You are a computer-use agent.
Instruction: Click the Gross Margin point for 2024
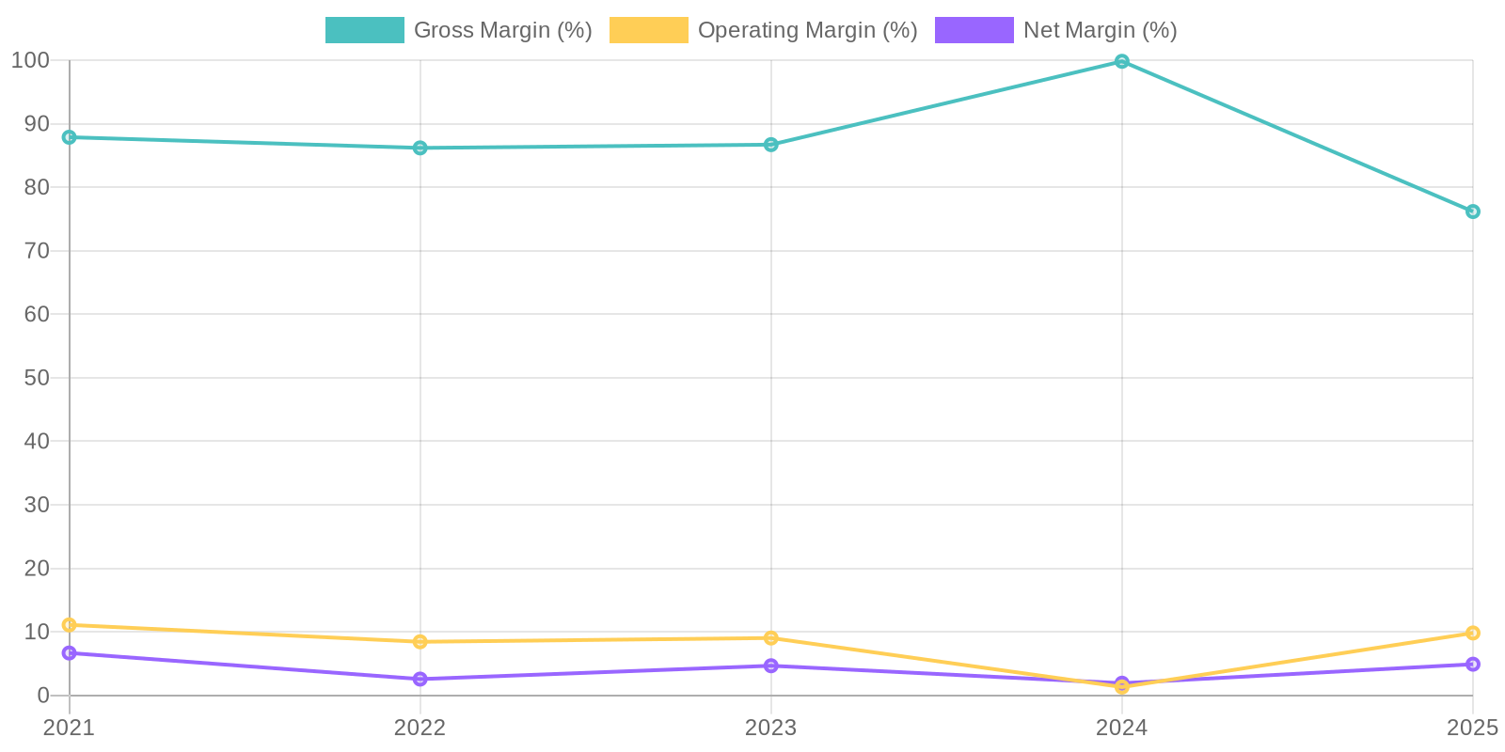(x=1122, y=62)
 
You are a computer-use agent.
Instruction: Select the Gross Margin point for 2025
(x=1472, y=211)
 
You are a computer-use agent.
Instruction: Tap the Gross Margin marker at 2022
(x=420, y=148)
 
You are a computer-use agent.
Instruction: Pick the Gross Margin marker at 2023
(x=771, y=145)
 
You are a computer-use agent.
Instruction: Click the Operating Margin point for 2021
(x=70, y=625)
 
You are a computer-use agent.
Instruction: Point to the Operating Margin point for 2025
(x=1472, y=634)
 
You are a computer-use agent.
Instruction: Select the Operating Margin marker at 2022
(x=420, y=642)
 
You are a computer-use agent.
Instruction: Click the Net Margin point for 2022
(x=420, y=679)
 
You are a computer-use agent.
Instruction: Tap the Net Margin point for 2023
(x=771, y=666)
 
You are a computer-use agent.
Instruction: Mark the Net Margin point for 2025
(x=1472, y=665)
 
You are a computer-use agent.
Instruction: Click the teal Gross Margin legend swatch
(x=364, y=30)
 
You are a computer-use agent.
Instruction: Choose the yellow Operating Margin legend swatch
(x=648, y=30)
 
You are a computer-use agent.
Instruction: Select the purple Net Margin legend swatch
(x=974, y=30)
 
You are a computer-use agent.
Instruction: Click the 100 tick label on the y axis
(x=30, y=60)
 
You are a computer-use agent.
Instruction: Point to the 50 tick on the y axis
(x=37, y=378)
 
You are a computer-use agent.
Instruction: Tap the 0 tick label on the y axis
(x=43, y=696)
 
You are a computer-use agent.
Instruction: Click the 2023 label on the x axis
(x=771, y=728)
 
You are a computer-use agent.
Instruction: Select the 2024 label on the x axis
(x=1122, y=728)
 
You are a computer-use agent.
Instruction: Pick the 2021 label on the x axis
(x=70, y=728)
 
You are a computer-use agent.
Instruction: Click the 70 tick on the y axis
(x=37, y=251)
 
